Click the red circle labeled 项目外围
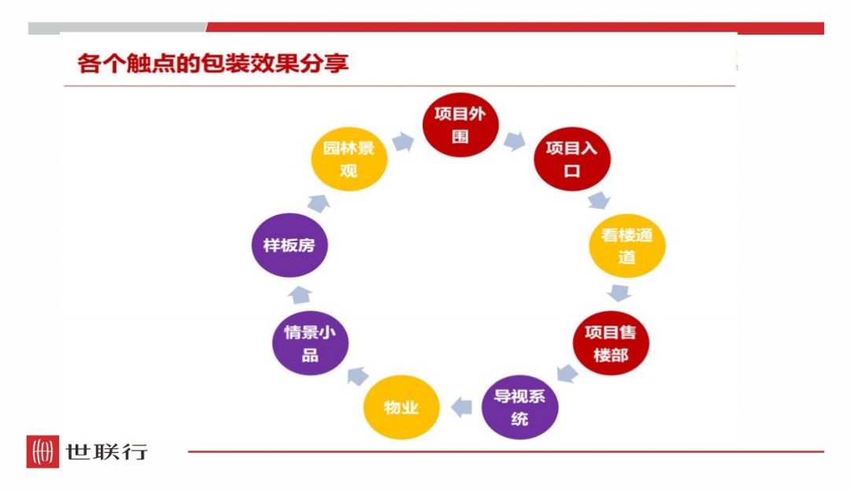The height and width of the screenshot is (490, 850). point(460,125)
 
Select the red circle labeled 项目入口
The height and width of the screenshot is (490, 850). point(572,160)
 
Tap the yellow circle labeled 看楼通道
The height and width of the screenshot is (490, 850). point(627,245)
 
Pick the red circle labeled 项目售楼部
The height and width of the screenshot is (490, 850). point(611,344)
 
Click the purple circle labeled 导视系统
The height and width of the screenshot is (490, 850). point(519,407)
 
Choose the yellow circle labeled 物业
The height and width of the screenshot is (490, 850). point(401,407)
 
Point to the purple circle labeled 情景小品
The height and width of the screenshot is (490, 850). point(310,344)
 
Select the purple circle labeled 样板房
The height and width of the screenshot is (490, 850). point(289,245)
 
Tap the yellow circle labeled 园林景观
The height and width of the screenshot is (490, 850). point(349,160)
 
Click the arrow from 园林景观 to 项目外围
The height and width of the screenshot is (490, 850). point(403,142)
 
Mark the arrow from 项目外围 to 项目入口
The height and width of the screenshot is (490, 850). point(515,142)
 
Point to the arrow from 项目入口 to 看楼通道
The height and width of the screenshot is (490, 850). point(600,200)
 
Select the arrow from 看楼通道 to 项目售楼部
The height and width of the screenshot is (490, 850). point(619,293)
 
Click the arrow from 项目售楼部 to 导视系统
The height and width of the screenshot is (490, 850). point(567,373)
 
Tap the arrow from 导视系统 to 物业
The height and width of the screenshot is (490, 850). point(460,407)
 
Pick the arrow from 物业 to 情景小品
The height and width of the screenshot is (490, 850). point(356,375)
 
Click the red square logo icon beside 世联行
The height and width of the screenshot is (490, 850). point(42,451)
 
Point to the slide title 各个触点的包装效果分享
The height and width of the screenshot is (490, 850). point(213,63)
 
